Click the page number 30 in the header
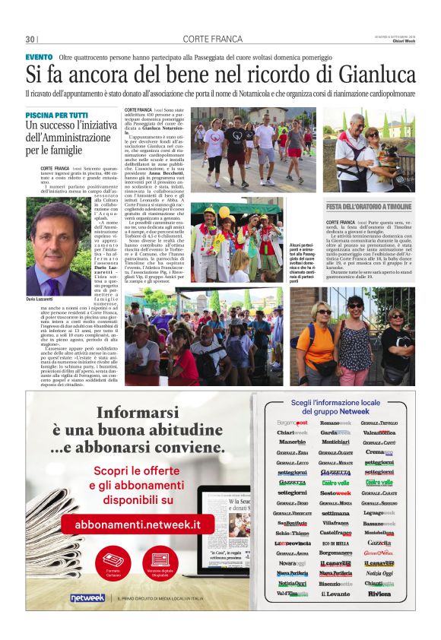(x=30, y=40)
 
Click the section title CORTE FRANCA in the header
(x=208, y=40)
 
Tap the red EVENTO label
(x=39, y=57)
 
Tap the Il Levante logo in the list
(x=335, y=594)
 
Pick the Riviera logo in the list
(x=379, y=594)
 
